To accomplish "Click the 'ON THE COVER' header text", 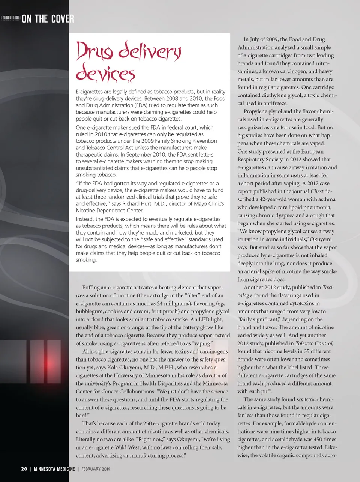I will [48, 18].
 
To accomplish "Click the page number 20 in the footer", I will [24, 469].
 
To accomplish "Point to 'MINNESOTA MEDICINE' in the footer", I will [54, 469].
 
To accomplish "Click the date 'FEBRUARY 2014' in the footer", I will [96, 469].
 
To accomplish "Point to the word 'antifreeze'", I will [274, 104].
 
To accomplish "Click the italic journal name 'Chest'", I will [317, 191].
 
